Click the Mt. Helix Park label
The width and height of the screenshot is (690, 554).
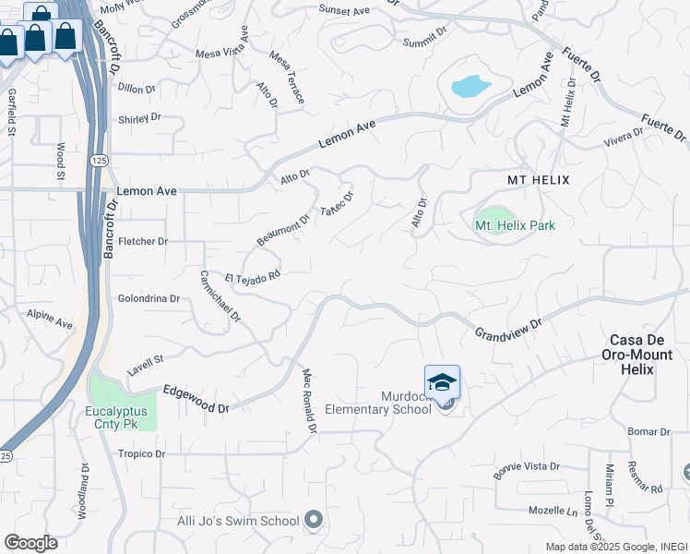tap(515, 225)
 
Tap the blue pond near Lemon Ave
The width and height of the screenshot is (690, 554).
tap(470, 87)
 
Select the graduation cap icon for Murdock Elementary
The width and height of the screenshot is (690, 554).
tap(442, 382)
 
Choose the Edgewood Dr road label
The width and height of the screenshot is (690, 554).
tap(196, 400)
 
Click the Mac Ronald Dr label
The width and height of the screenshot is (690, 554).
tap(310, 402)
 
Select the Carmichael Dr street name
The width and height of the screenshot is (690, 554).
tap(220, 296)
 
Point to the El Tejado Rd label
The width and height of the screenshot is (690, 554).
tap(252, 277)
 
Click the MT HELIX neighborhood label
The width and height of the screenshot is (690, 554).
tap(539, 179)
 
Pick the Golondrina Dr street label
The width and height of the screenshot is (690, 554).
tap(149, 299)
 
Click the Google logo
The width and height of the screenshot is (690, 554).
tap(30, 543)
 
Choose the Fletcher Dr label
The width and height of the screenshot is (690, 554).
tap(143, 242)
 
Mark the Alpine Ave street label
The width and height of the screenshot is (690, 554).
tap(50, 319)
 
